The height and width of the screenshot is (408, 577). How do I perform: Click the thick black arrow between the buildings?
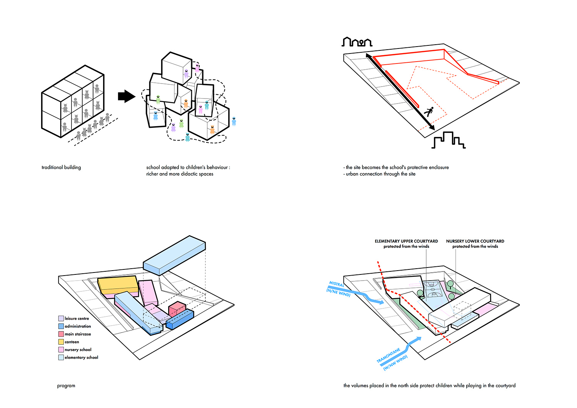pyautogui.click(x=126, y=96)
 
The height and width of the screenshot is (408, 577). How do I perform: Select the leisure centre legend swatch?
pyautogui.click(x=61, y=318)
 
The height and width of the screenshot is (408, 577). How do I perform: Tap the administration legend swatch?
pyautogui.click(x=61, y=326)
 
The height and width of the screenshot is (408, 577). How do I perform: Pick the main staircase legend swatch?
pyautogui.click(x=61, y=334)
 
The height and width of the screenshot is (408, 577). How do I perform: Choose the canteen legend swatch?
pyautogui.click(x=61, y=342)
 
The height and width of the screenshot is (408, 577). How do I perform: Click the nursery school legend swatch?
pyautogui.click(x=61, y=349)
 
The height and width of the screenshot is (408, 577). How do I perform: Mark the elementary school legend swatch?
pyautogui.click(x=61, y=357)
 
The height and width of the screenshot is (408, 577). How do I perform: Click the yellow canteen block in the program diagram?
pyautogui.click(x=117, y=285)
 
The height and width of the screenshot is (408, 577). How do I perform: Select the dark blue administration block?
pyautogui.click(x=180, y=320)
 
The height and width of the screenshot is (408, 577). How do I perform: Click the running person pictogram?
pyautogui.click(x=429, y=112)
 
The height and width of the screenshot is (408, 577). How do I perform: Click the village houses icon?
pyautogui.click(x=357, y=42)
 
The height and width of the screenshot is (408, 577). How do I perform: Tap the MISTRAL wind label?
pyautogui.click(x=337, y=284)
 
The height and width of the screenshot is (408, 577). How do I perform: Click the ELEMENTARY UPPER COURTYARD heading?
pyautogui.click(x=406, y=241)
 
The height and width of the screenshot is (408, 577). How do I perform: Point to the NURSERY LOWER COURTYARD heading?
pyautogui.click(x=475, y=241)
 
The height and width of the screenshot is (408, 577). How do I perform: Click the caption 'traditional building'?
pyautogui.click(x=61, y=167)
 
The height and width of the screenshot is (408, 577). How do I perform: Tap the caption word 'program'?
pyautogui.click(x=66, y=386)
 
